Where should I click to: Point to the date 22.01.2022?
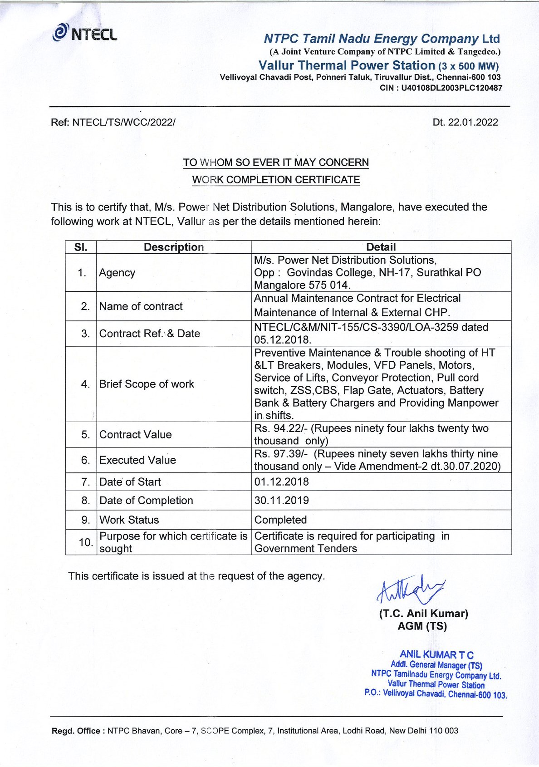473,122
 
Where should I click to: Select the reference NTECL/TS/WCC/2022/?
123,122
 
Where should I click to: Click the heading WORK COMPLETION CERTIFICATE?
276,180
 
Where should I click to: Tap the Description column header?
173,247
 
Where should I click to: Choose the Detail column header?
381,247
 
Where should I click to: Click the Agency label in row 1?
117,272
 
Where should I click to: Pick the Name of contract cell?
141,306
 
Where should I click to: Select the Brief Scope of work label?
147,384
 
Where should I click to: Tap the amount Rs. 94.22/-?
281,428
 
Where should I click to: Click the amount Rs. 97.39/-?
281,454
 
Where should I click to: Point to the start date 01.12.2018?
281,482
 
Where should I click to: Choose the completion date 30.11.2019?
281,501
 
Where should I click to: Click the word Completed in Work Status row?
280,520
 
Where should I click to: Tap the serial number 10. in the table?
86,542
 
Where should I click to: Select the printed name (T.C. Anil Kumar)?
423,614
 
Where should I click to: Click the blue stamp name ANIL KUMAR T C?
436,654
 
